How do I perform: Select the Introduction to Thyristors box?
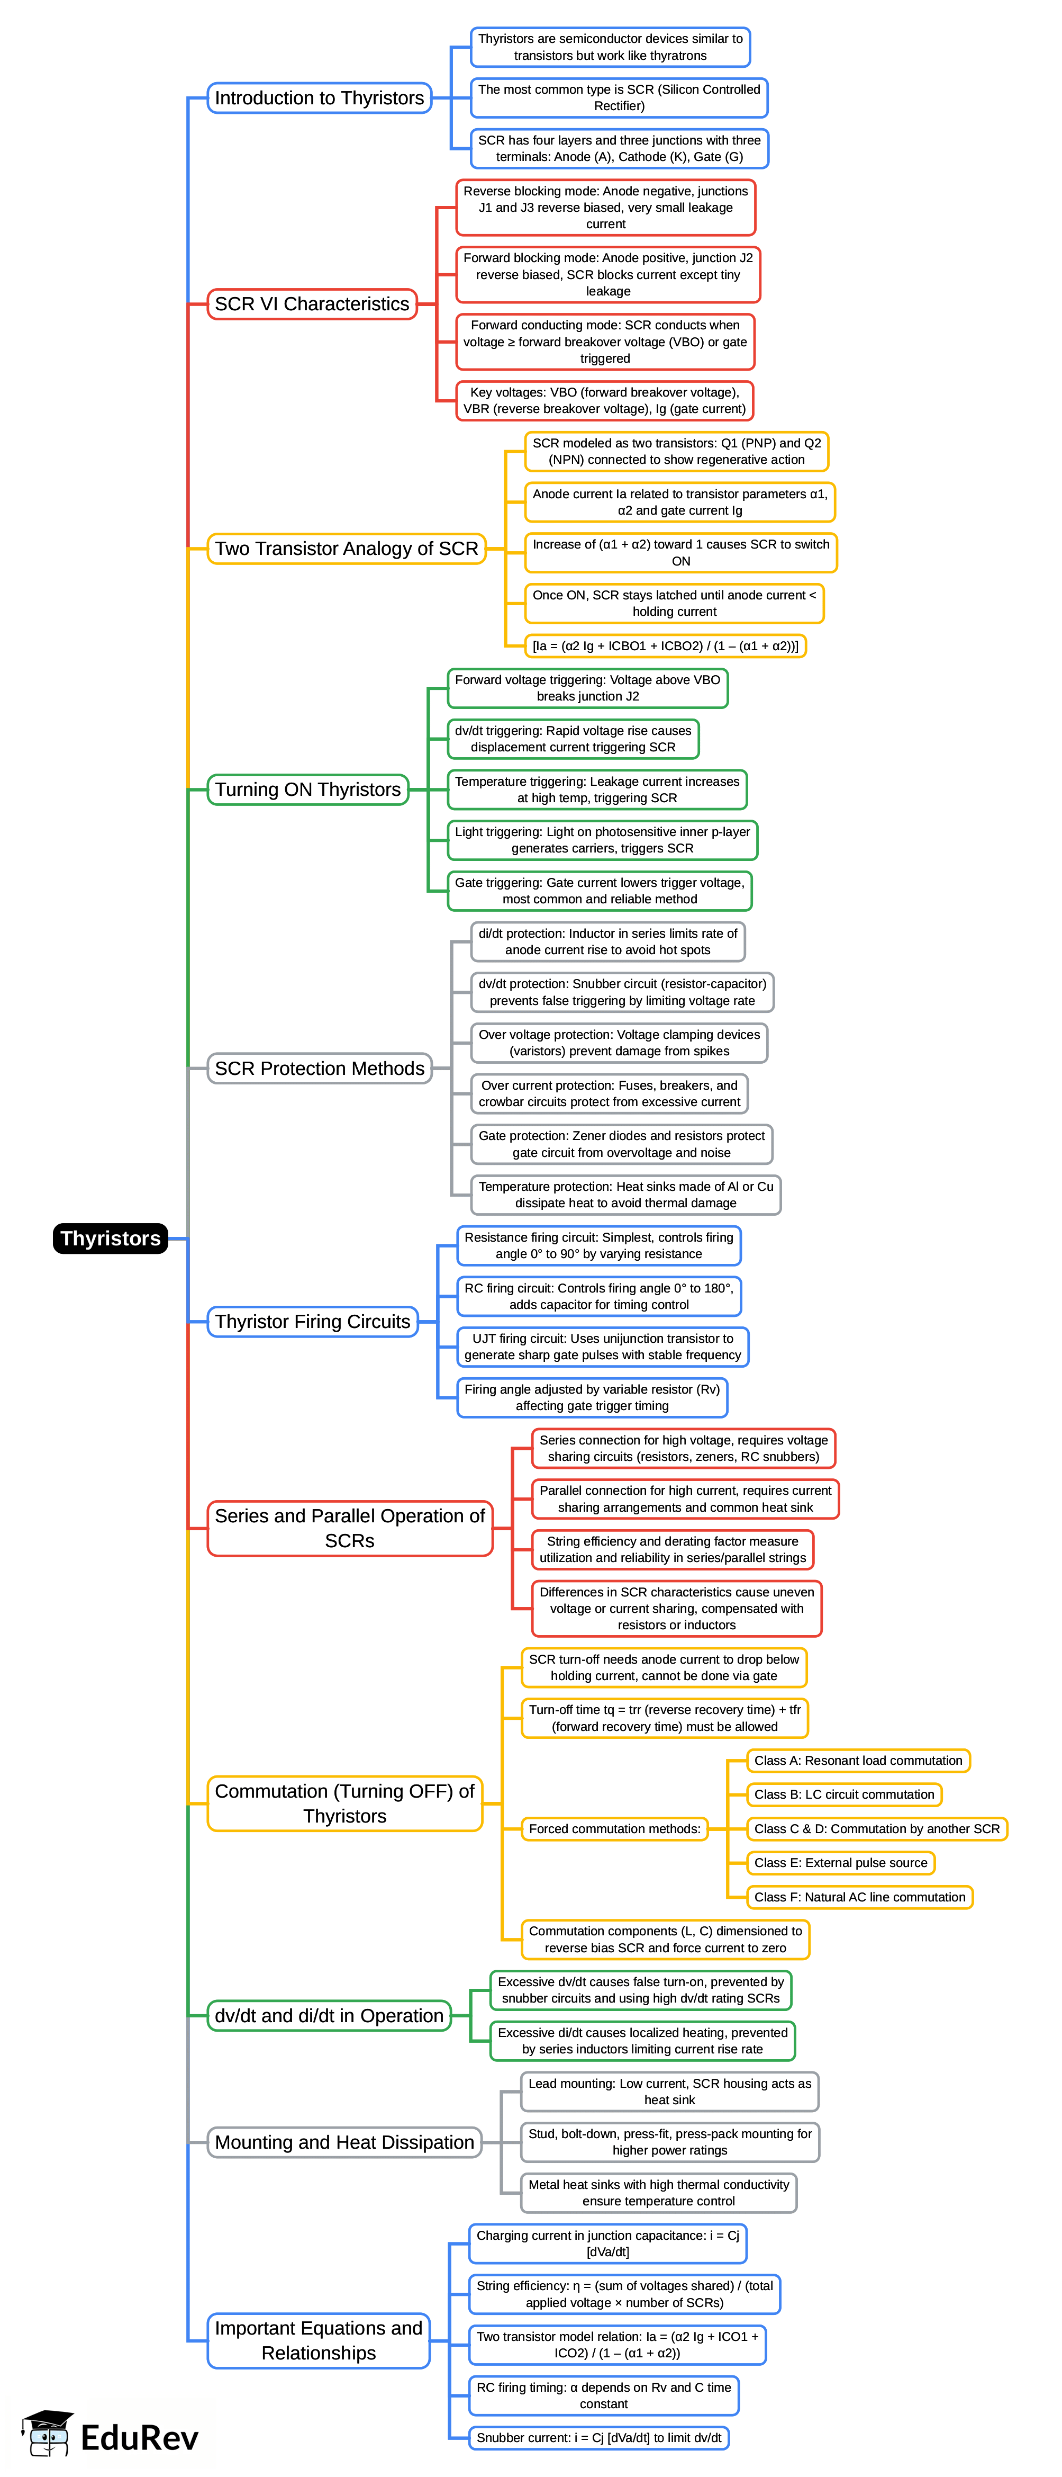tap(319, 98)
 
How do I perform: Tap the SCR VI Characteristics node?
tap(311, 304)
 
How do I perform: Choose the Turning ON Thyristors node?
tap(307, 789)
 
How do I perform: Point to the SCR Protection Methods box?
tap(319, 1069)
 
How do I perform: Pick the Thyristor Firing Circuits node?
tap(312, 1321)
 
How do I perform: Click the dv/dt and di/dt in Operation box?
tap(329, 2015)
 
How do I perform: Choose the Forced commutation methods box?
tap(614, 1829)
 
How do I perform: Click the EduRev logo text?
tap(139, 2438)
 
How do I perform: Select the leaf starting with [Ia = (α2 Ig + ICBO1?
tap(665, 645)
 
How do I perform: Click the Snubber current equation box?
tap(599, 2438)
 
